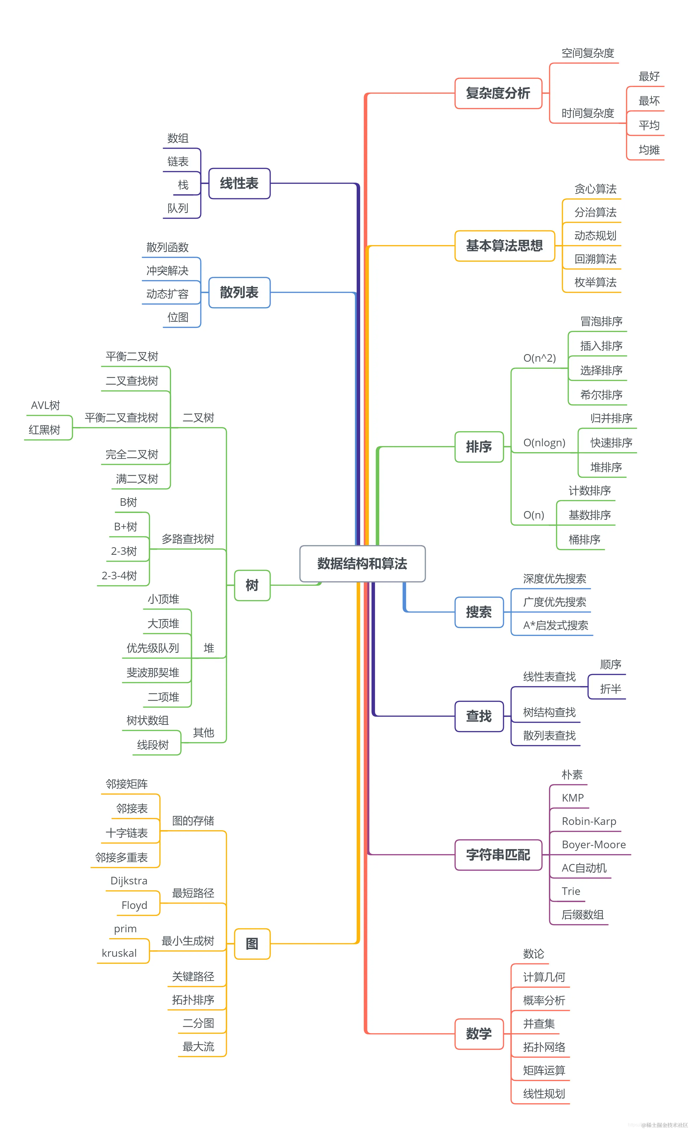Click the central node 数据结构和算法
coord(362,564)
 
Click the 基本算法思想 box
coord(504,246)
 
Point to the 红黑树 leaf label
coord(44,430)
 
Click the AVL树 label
coord(45,405)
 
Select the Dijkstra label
coord(129,881)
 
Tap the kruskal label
coord(119,953)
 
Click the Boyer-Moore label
coord(594,844)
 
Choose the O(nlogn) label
coord(544,442)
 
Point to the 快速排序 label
coord(611,442)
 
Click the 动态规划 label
coord(595,236)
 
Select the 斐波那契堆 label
coord(153,672)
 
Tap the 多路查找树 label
coord(188,539)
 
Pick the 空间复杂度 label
coord(588,53)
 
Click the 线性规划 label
coord(544,1094)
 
